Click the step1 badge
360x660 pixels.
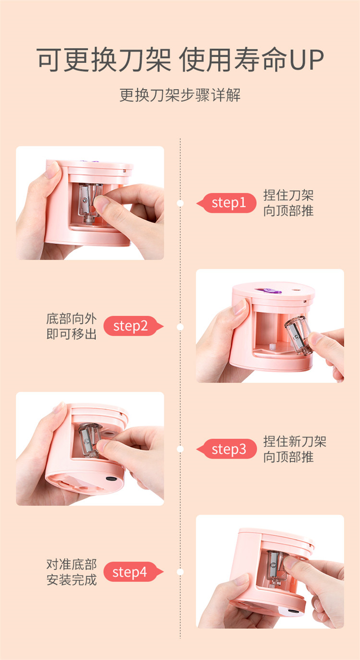227,203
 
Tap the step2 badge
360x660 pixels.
133,326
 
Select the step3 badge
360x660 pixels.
227,449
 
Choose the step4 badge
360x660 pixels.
133,572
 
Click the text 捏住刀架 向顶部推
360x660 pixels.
288,203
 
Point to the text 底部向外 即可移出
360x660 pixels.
72,326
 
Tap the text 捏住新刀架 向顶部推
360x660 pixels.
295,449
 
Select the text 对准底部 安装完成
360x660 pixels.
72,572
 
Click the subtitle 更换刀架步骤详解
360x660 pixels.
180,95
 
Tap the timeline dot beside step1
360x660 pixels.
180,203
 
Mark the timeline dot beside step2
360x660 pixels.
180,327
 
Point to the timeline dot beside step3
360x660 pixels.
180,449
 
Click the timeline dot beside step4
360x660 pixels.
180,572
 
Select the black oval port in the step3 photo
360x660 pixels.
111,479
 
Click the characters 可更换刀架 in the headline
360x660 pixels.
104,60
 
